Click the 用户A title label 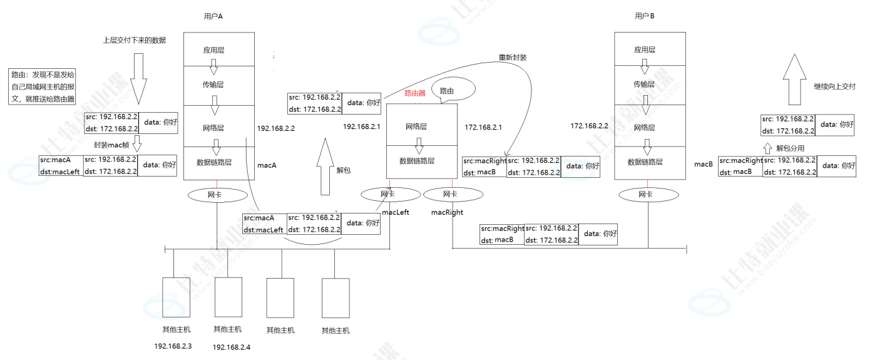click(x=213, y=16)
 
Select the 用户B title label click(x=644, y=16)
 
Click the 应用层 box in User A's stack click(x=218, y=49)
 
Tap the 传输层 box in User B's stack click(x=650, y=84)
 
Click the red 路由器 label click(x=414, y=93)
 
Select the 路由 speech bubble click(x=448, y=91)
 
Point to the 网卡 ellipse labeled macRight click(x=449, y=195)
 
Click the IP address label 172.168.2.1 click(x=483, y=127)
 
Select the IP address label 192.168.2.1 click(x=362, y=126)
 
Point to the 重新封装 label click(x=513, y=57)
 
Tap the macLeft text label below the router click(x=395, y=212)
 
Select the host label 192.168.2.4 click(x=231, y=347)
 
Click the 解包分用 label click(x=790, y=149)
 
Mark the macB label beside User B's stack click(x=704, y=164)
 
